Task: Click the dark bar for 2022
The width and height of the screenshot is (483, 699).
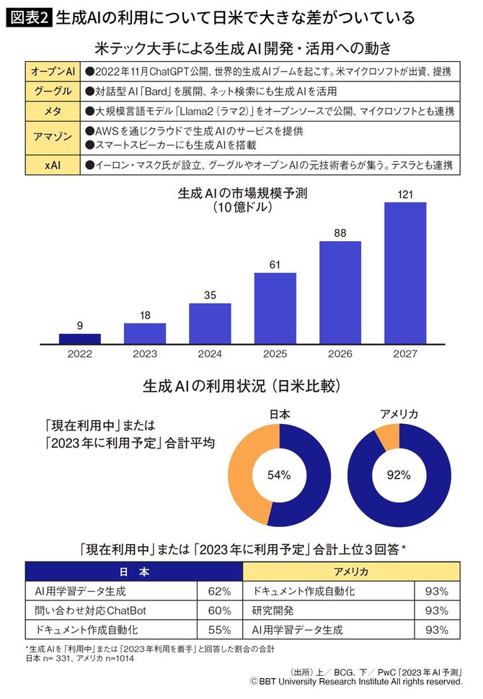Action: click(80, 338)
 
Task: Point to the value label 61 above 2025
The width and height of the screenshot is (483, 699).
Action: click(275, 264)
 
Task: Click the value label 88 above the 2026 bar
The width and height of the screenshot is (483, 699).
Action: click(340, 233)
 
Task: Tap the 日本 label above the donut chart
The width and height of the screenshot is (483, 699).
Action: click(279, 414)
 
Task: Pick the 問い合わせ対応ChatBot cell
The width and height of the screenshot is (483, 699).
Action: click(80, 610)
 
